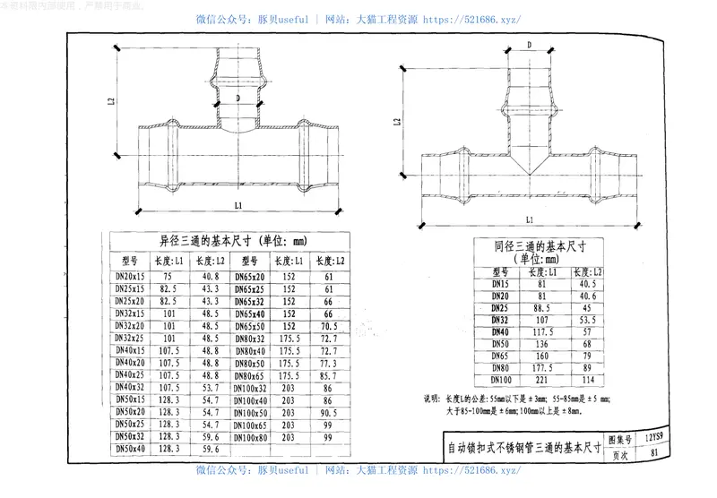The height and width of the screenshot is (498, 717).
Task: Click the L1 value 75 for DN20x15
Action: click(168, 278)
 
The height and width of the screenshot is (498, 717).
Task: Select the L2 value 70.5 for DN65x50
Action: click(328, 327)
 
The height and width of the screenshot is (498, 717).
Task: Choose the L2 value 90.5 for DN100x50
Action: click(328, 412)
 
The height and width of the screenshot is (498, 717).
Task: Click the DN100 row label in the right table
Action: click(500, 379)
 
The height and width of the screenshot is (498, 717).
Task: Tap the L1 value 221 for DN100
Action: click(543, 379)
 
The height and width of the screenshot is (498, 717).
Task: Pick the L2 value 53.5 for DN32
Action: click(588, 319)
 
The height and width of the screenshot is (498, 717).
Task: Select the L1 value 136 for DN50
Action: click(543, 343)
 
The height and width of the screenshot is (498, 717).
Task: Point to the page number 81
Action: click(654, 453)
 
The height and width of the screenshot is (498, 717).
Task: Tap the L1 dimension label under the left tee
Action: click(238, 206)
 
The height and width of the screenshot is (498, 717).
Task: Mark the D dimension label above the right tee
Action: click(530, 44)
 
